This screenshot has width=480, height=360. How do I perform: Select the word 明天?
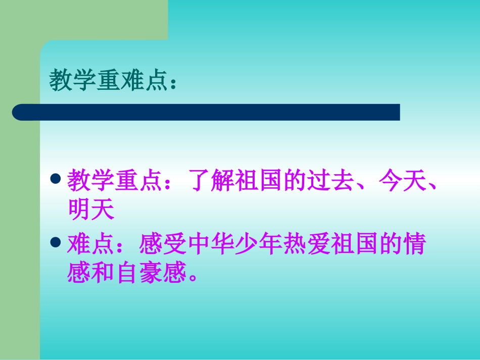91,210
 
